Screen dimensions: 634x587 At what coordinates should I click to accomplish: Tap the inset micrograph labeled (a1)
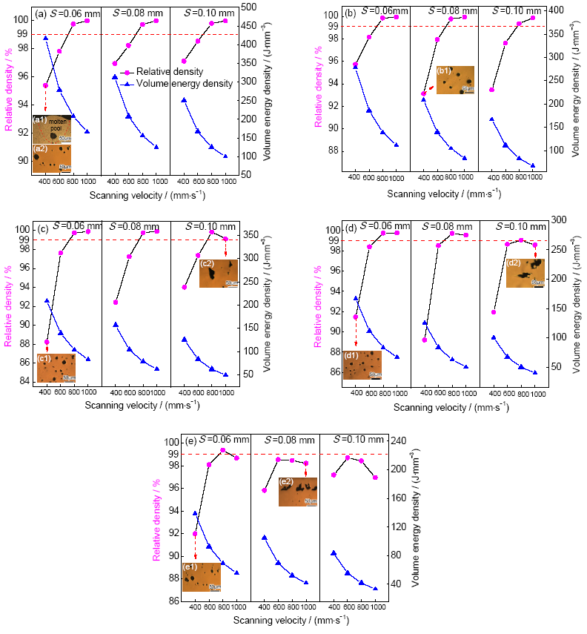tap(52, 128)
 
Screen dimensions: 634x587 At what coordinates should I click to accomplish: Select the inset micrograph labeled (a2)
tap(52, 158)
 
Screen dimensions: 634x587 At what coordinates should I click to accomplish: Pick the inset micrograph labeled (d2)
tap(525, 273)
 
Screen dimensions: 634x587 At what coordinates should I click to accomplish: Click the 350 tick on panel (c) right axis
tap(252, 235)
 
